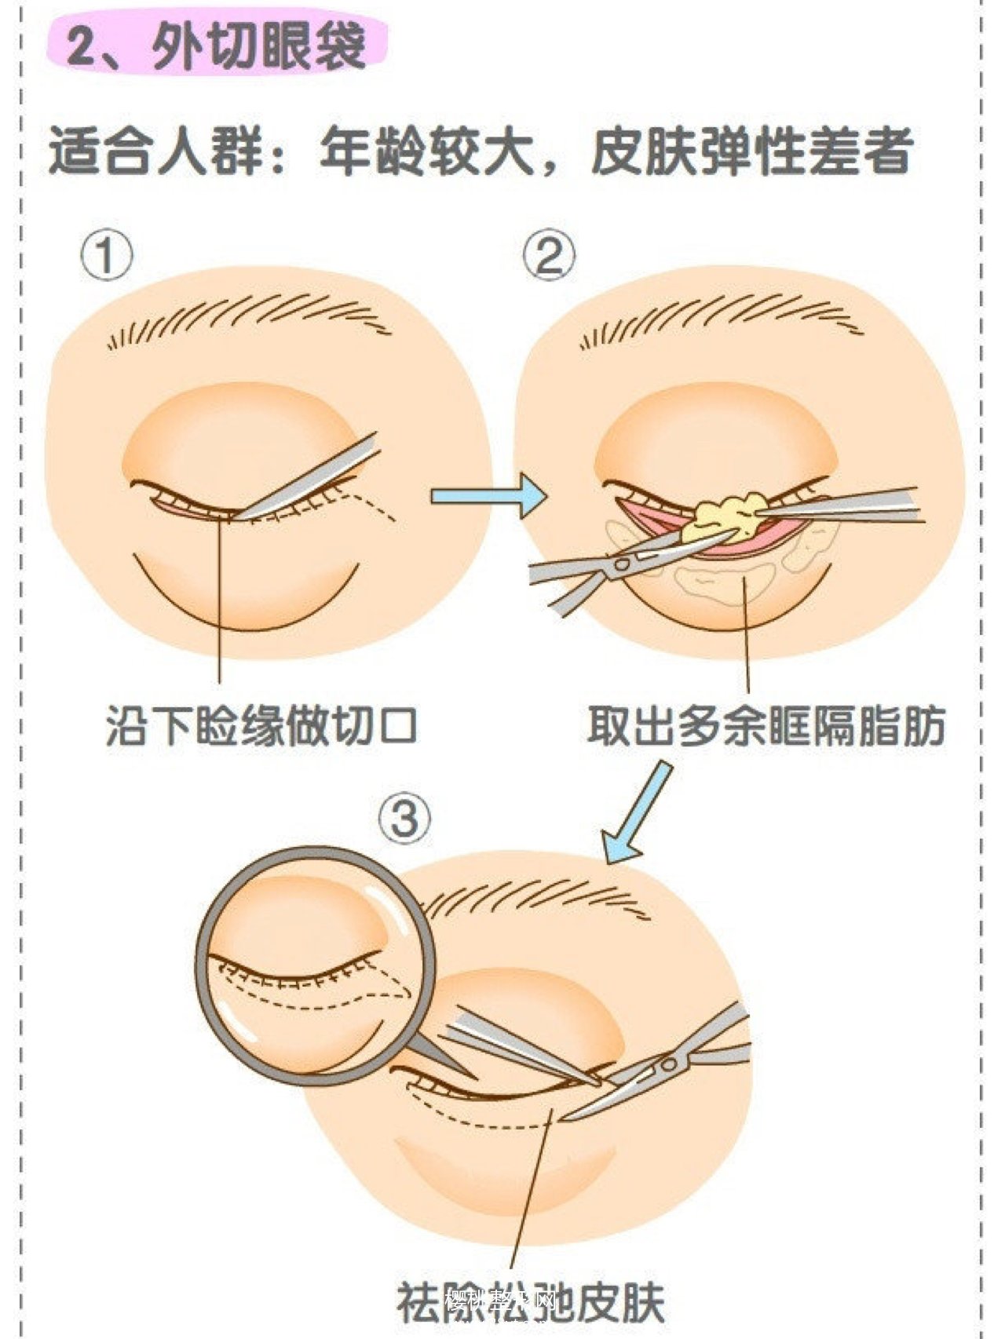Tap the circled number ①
click(106, 257)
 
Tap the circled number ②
click(548, 257)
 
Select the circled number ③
click(405, 819)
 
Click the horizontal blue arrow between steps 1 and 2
click(487, 495)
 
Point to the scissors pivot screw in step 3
click(668, 1065)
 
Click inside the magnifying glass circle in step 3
click(314, 965)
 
